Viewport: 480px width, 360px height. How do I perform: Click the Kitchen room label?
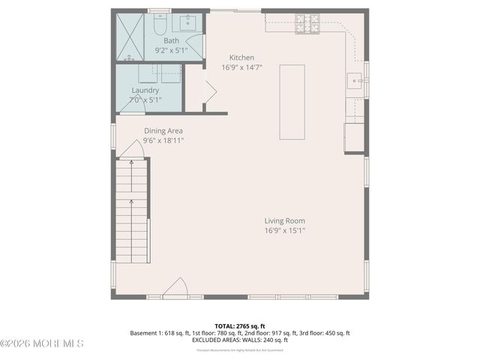[241, 58]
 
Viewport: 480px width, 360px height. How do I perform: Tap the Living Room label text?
[284, 220]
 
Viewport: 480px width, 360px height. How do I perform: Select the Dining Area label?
[163, 130]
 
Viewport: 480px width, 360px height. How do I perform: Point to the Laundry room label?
[145, 90]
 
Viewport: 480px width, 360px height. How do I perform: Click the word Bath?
[172, 40]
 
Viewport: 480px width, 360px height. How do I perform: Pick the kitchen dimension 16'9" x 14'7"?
[241, 67]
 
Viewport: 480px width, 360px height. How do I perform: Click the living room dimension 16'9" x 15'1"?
[284, 230]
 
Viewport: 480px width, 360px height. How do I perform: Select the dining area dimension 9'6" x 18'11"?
[163, 140]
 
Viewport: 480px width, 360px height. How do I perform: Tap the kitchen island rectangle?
[292, 102]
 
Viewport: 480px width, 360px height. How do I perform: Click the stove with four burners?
[306, 24]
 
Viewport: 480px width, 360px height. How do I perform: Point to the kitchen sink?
[354, 79]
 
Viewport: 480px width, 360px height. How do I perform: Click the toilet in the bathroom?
[160, 25]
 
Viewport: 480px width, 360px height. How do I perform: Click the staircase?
[132, 214]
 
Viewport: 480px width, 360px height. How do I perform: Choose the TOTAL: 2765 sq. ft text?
[240, 325]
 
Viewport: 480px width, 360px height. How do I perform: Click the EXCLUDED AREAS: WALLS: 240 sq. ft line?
[240, 340]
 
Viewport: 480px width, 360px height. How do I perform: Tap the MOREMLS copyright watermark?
[42, 343]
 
